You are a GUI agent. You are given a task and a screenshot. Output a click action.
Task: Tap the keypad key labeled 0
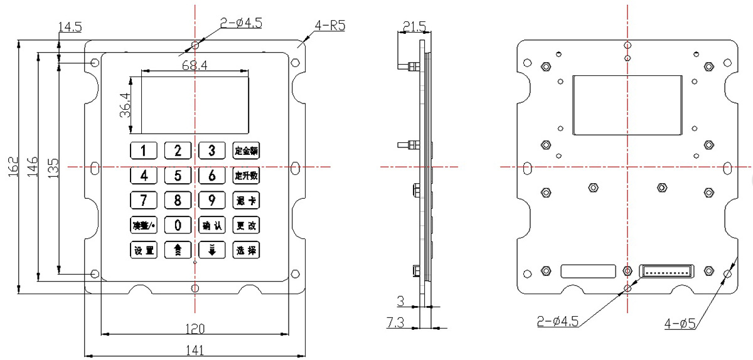(178, 225)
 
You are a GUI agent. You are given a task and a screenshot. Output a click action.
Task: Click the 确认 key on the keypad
(212, 225)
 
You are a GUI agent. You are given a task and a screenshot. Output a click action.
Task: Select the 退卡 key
(246, 201)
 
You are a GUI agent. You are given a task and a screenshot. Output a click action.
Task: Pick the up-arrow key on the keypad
(178, 250)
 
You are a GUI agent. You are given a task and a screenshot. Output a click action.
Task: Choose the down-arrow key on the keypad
(212, 250)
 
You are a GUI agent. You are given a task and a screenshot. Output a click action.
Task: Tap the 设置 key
(144, 250)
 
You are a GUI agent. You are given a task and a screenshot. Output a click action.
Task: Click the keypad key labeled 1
(144, 151)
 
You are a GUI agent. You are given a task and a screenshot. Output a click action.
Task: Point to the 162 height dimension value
(13, 167)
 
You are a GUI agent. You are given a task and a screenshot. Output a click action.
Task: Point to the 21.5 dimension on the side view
(414, 26)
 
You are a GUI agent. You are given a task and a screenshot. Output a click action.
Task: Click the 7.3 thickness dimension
(396, 323)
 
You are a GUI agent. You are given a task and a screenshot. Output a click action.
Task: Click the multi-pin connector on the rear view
(666, 271)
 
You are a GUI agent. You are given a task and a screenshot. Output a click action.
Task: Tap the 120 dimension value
(195, 328)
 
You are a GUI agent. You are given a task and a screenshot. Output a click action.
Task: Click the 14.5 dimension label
(69, 27)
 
